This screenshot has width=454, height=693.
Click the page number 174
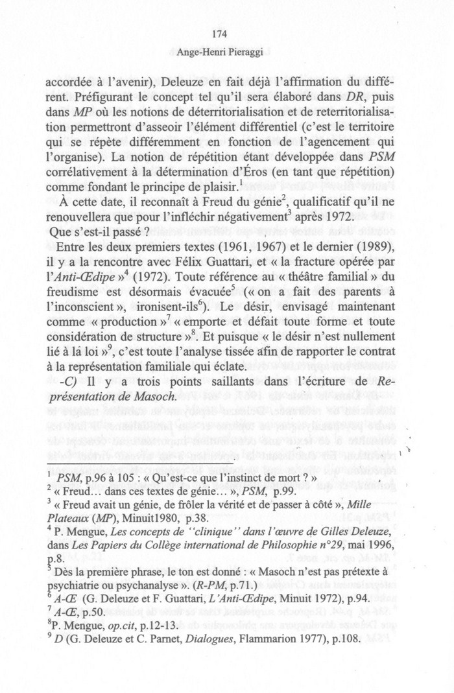pyautogui.click(x=226, y=35)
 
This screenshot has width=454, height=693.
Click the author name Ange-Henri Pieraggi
pyautogui.click(x=226, y=53)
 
